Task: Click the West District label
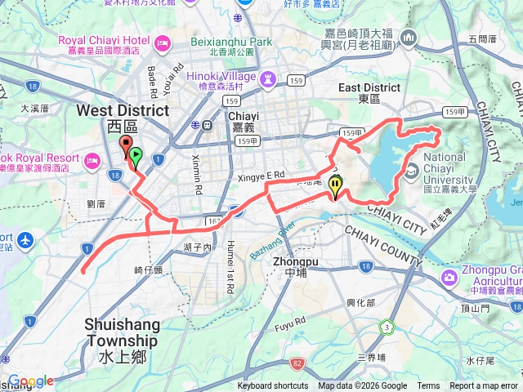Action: [x=123, y=110]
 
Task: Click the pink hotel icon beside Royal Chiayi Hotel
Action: [x=162, y=40]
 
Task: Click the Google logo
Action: [x=30, y=381]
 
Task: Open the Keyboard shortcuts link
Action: [x=273, y=386]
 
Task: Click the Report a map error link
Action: [x=485, y=386]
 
